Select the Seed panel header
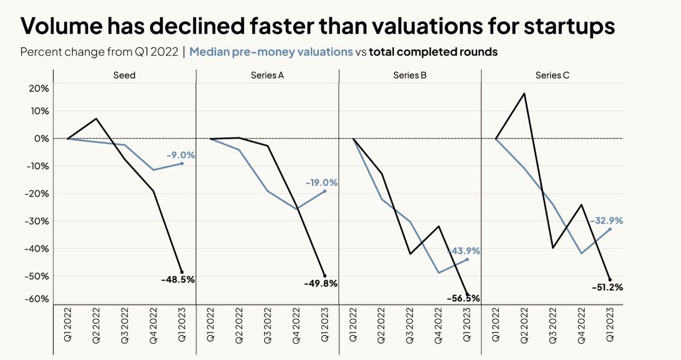click(x=124, y=75)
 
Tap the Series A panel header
click(x=267, y=75)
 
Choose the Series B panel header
click(x=409, y=75)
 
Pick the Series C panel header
click(x=552, y=75)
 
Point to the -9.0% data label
click(x=181, y=154)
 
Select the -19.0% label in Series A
click(x=322, y=183)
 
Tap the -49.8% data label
click(x=321, y=283)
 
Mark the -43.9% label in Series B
click(x=464, y=250)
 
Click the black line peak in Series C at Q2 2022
click(x=524, y=93)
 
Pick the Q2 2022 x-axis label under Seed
click(x=96, y=326)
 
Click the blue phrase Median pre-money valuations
click(x=271, y=52)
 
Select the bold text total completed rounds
click(x=433, y=52)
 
